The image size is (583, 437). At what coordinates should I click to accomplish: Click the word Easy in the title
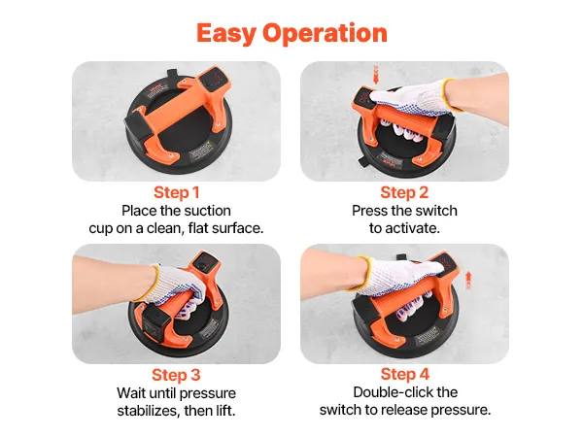click(x=226, y=33)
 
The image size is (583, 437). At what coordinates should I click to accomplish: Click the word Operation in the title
click(x=325, y=33)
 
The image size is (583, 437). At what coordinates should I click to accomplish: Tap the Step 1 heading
click(x=177, y=192)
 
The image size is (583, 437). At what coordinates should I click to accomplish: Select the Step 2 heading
click(x=404, y=192)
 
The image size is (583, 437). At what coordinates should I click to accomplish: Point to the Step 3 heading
click(x=176, y=375)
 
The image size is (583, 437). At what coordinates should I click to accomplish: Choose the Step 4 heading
click(x=405, y=374)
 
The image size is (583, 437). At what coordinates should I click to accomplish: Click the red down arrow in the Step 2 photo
click(x=375, y=75)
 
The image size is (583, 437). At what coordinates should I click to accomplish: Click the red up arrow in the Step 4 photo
click(x=468, y=281)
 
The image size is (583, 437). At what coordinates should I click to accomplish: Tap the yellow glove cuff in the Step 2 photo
click(x=451, y=95)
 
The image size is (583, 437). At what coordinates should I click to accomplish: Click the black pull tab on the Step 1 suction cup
click(x=172, y=75)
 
